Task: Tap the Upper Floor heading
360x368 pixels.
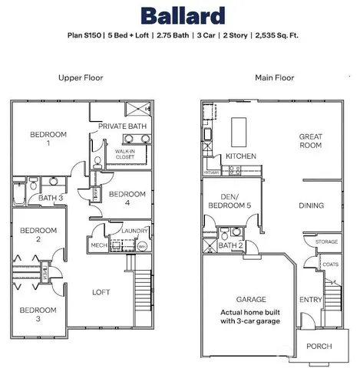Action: [x=81, y=77]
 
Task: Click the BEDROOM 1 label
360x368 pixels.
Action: [x=48, y=139]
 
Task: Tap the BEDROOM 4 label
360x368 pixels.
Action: [x=127, y=199]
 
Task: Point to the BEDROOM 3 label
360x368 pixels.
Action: [x=38, y=314]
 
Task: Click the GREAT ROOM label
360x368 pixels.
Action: [x=310, y=141]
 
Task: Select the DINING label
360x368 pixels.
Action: [x=310, y=205]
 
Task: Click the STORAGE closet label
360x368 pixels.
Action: [x=326, y=242]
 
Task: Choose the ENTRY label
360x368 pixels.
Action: [x=310, y=300]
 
